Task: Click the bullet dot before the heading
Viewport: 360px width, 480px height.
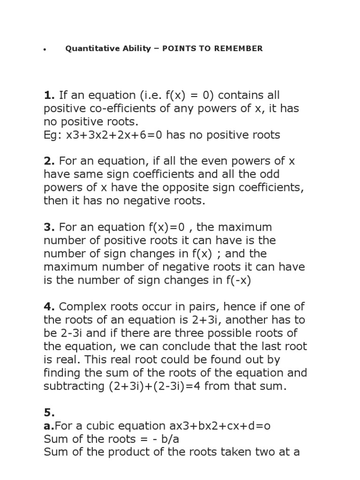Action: (x=44, y=49)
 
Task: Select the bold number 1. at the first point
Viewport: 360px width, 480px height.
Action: (x=49, y=96)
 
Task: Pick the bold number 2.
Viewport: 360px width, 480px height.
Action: (x=50, y=162)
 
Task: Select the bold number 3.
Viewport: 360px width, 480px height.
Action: (x=50, y=227)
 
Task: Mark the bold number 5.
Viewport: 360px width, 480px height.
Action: (x=50, y=412)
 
